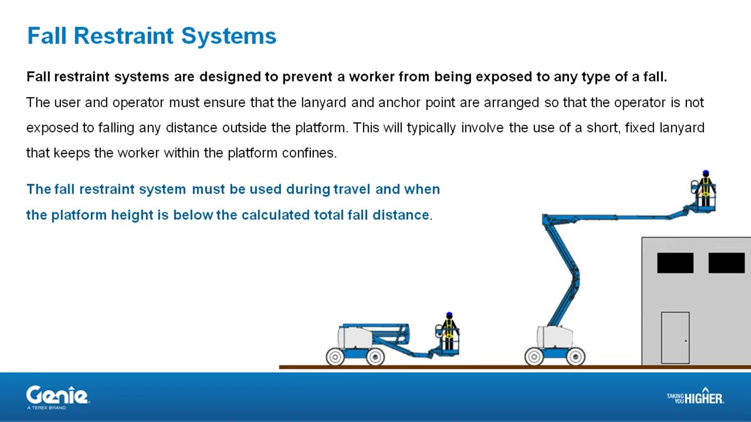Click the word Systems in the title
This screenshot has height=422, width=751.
[x=229, y=36]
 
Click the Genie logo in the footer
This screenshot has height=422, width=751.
[x=57, y=397]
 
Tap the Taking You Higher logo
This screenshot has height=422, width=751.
[x=695, y=396]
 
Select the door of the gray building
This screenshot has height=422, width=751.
[x=675, y=338]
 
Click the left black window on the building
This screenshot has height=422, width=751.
[x=675, y=263]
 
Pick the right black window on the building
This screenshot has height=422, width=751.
[x=726, y=263]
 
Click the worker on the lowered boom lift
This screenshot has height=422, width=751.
[x=449, y=331]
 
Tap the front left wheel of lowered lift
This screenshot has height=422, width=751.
[x=335, y=357]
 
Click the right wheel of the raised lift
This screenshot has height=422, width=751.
[x=576, y=356]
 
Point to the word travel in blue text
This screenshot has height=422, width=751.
[x=352, y=189]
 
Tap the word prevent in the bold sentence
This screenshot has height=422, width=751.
[x=307, y=77]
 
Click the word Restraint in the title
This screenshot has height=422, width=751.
[x=123, y=36]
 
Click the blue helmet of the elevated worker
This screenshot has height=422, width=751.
[x=706, y=173]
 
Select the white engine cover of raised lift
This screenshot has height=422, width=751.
[x=554, y=337]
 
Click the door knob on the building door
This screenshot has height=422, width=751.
[x=686, y=341]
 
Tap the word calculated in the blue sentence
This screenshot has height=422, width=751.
[x=275, y=215]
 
